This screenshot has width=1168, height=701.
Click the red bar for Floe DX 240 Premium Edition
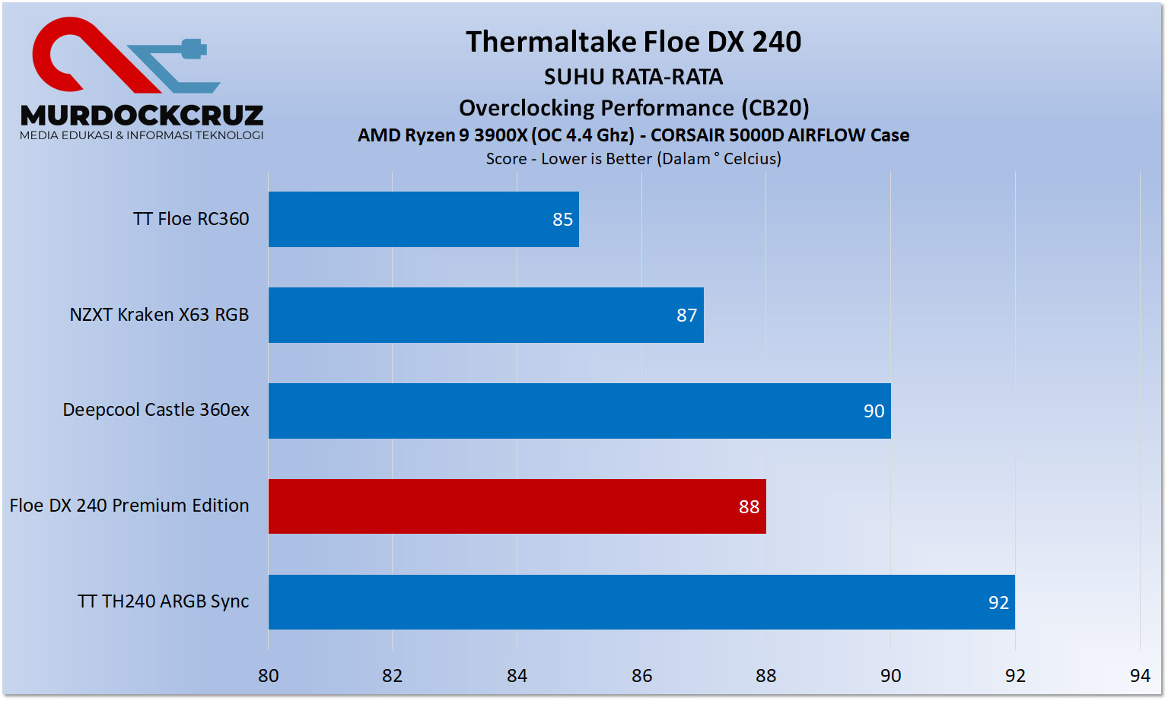(x=517, y=506)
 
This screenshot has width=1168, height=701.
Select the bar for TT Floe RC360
(x=423, y=219)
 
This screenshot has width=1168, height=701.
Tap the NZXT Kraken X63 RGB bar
(x=485, y=315)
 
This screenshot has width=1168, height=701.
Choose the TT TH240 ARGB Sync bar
(x=641, y=602)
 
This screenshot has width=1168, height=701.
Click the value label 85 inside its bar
(x=562, y=220)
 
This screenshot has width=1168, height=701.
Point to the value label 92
(x=998, y=603)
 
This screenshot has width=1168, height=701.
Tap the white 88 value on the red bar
(x=749, y=507)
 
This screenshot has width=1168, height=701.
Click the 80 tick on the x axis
(x=268, y=676)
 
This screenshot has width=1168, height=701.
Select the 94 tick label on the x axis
(x=1139, y=676)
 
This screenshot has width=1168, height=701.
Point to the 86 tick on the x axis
(x=641, y=676)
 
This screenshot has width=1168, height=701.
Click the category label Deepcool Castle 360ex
(x=156, y=410)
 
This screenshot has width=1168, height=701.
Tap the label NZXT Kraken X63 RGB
(x=159, y=315)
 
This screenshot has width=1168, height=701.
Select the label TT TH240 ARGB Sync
(x=163, y=601)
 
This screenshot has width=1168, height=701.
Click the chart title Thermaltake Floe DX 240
(x=633, y=42)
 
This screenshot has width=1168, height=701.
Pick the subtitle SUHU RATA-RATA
(x=633, y=77)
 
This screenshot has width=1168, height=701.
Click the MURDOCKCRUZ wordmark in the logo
(x=142, y=116)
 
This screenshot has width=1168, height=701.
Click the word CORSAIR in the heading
(x=687, y=135)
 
